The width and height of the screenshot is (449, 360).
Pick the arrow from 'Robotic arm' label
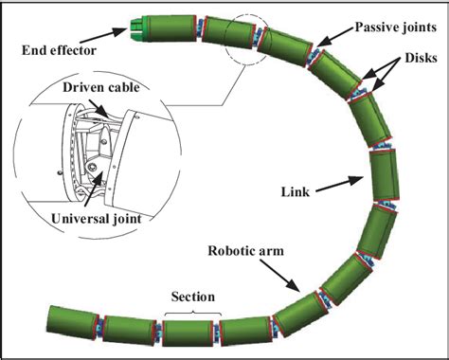pyautogui.click(x=285, y=277)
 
